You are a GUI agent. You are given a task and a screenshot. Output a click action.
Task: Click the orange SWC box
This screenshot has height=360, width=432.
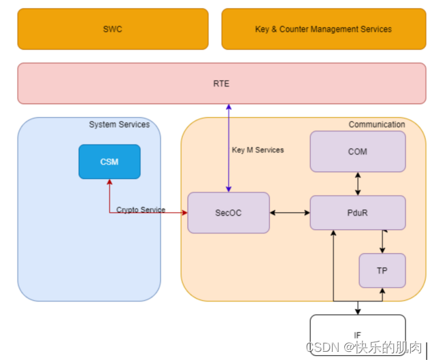113,29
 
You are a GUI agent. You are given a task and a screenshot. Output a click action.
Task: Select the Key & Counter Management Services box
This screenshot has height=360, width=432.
323,29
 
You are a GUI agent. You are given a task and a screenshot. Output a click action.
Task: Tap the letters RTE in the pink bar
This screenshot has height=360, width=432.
221,84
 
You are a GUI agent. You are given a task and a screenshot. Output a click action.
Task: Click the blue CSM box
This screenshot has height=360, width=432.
110,162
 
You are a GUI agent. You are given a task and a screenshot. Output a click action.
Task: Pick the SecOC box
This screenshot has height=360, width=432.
229,213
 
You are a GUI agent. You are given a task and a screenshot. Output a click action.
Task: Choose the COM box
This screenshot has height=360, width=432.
358,152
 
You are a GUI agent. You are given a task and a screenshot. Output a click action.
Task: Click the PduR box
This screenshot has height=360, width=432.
358,213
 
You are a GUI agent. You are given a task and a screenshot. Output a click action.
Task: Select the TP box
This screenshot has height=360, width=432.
382,270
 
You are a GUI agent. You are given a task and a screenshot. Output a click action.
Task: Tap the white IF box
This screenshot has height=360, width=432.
358,334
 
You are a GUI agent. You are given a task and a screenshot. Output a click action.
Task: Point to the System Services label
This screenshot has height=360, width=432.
119,125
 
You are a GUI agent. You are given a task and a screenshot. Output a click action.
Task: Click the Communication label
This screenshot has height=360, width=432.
376,125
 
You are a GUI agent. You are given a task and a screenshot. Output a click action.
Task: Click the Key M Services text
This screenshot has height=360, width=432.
258,150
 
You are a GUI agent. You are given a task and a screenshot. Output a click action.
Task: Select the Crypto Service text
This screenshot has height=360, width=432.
141,210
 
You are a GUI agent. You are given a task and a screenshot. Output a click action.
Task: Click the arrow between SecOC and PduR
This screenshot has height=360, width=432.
290,213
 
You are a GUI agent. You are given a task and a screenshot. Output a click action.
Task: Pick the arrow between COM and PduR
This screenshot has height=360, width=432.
358,184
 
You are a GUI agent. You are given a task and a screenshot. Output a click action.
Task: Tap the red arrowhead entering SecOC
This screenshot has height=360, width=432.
184,213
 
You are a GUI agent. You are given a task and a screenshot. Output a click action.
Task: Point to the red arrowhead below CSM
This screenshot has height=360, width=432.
110,182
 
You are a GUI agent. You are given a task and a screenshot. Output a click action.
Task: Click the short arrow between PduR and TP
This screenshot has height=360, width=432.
382,242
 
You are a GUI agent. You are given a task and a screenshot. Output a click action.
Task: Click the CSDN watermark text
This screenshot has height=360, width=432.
363,348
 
